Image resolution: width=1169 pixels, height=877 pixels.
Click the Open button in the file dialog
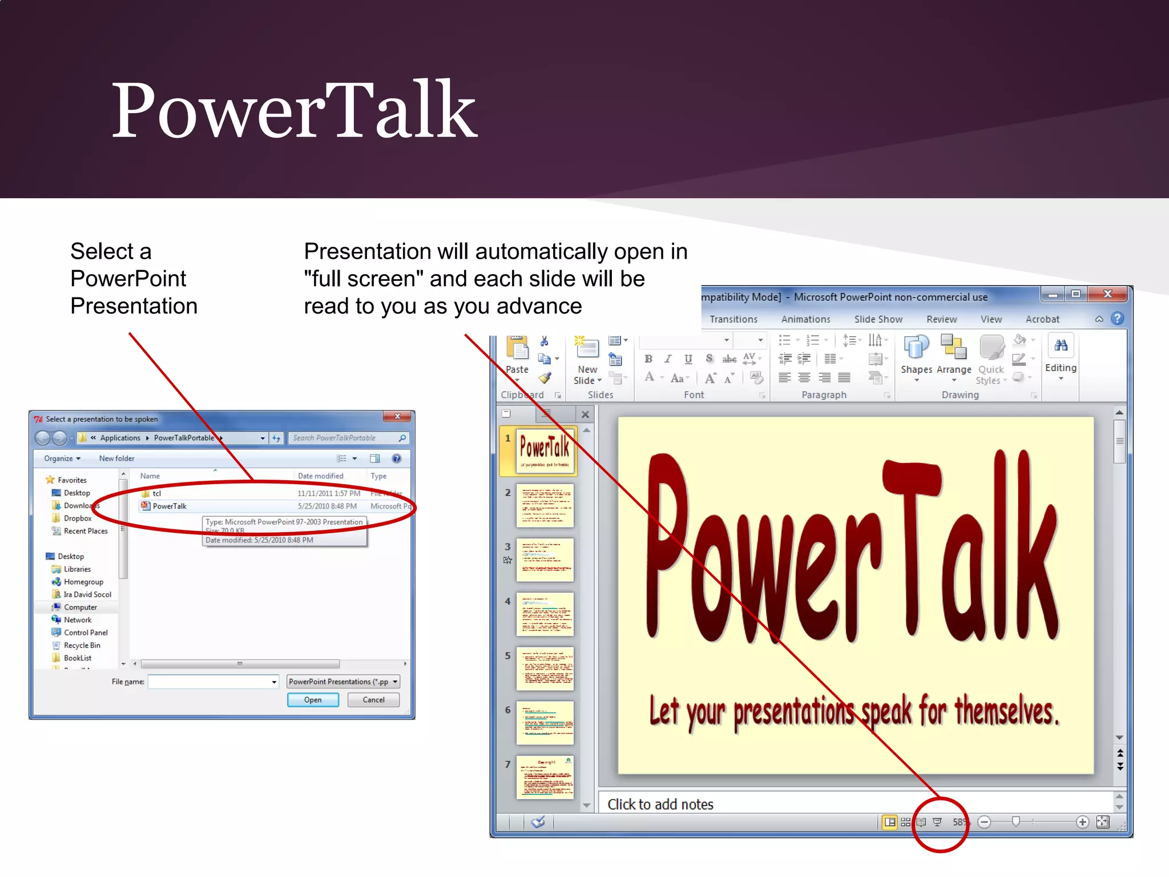pyautogui.click(x=313, y=699)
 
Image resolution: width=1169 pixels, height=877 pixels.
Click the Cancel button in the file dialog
pyautogui.click(x=373, y=699)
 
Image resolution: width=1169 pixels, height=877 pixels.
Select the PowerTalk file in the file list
pyautogui.click(x=170, y=506)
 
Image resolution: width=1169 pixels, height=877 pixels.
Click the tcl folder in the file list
pyautogui.click(x=157, y=493)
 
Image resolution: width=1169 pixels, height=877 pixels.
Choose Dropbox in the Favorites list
pyautogui.click(x=78, y=518)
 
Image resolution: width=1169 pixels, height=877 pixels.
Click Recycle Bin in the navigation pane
pyautogui.click(x=82, y=645)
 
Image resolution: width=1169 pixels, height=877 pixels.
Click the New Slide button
pyautogui.click(x=587, y=360)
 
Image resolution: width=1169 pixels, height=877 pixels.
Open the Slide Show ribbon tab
pyautogui.click(x=878, y=319)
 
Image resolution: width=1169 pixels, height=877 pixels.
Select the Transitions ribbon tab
pyautogui.click(x=733, y=319)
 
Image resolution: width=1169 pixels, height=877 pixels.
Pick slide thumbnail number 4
pyautogui.click(x=545, y=614)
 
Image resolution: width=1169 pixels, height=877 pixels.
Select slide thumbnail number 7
pyautogui.click(x=545, y=777)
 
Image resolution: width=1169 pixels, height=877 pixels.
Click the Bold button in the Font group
pyautogui.click(x=648, y=359)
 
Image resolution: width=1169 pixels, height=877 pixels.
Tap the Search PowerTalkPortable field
pyautogui.click(x=342, y=438)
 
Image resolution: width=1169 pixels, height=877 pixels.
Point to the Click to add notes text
pyautogui.click(x=660, y=804)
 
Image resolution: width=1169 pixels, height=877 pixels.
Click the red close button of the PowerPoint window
pyautogui.click(x=1108, y=294)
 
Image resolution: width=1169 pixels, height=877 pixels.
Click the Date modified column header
pyautogui.click(x=321, y=476)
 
